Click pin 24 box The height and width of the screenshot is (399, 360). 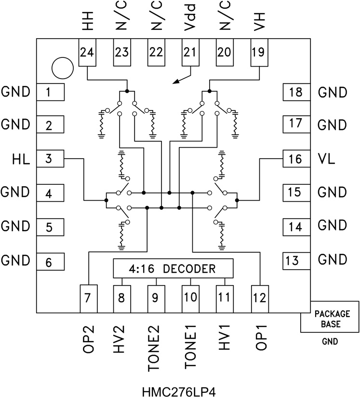tap(87, 53)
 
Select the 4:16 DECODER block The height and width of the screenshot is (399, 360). tap(173, 268)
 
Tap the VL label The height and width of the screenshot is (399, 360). tap(328, 159)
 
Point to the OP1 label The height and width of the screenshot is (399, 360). tap(260, 339)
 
